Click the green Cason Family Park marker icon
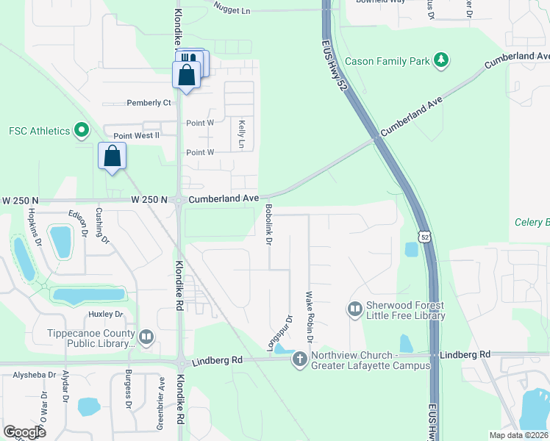tap(441, 61)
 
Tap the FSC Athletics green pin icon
tap(81, 132)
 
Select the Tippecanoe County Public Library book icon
tap(146, 337)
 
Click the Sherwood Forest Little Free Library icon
tap(354, 308)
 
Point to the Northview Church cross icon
tap(299, 359)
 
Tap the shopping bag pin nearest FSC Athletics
tap(112, 156)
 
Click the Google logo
tap(24, 431)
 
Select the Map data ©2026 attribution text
tap(518, 435)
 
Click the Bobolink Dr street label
tap(269, 225)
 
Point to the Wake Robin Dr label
tap(310, 317)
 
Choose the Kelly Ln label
tap(240, 135)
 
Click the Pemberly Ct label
tap(149, 103)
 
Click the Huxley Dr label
tap(105, 314)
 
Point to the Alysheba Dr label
tap(35, 375)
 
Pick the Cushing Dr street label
tap(102, 226)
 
